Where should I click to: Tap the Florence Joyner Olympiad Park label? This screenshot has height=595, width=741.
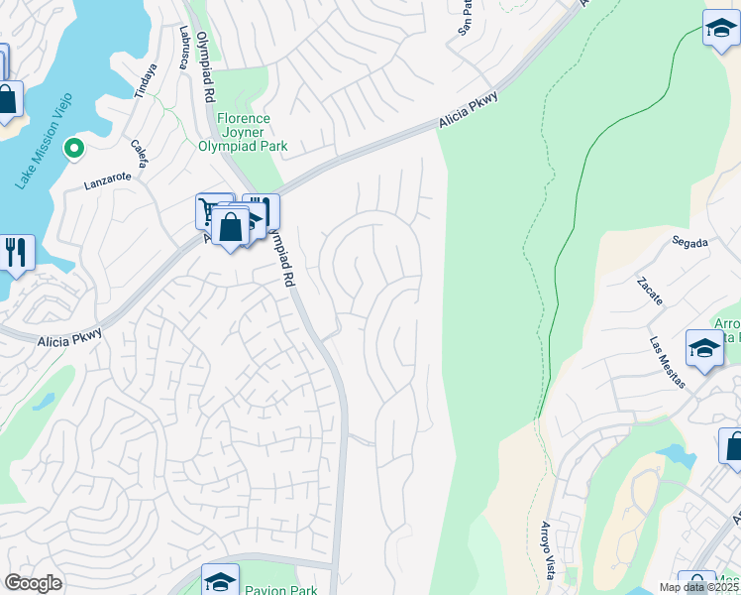point(252,132)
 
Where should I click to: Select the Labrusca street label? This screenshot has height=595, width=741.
point(182,47)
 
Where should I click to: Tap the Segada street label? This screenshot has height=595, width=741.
point(689,241)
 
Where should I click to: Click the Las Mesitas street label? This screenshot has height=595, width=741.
point(667,363)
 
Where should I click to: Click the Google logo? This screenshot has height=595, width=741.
point(33,583)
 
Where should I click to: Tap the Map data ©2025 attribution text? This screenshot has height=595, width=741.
point(699,587)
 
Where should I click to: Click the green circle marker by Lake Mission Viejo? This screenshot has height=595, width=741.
point(72,150)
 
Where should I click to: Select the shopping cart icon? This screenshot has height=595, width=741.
point(213,209)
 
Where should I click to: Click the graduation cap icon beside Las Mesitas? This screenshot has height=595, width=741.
point(704,349)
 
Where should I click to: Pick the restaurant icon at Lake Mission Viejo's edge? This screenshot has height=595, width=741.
point(15,251)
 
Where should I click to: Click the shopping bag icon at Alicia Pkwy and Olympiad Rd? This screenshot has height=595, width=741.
point(230,227)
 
